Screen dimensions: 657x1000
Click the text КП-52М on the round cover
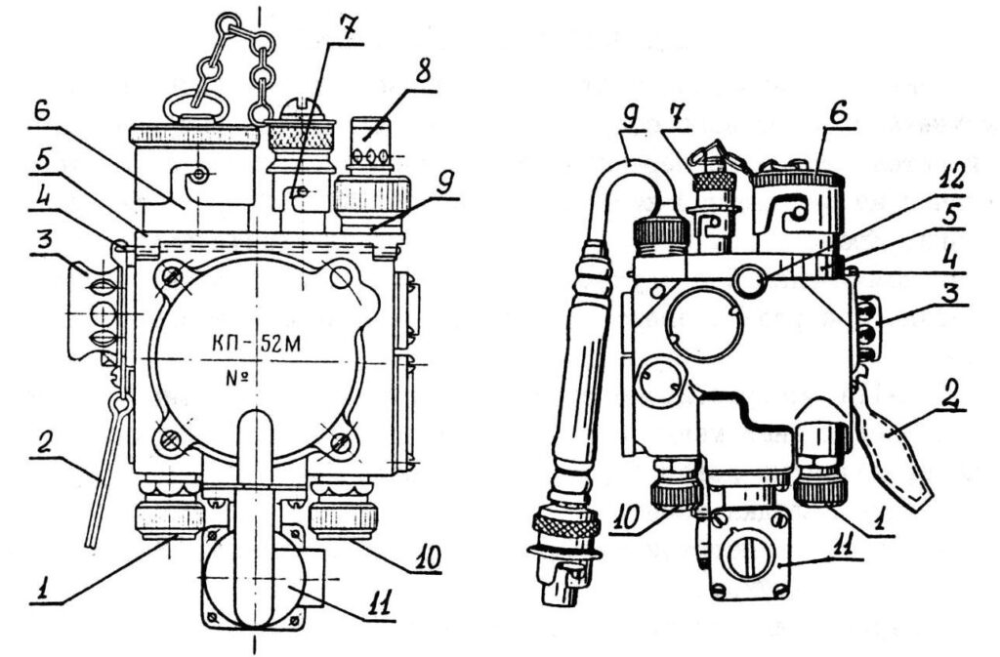point(257,343)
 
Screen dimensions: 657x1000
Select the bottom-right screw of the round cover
point(340,444)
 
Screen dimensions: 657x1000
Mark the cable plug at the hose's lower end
point(563,547)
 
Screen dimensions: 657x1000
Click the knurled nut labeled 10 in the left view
point(344,514)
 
